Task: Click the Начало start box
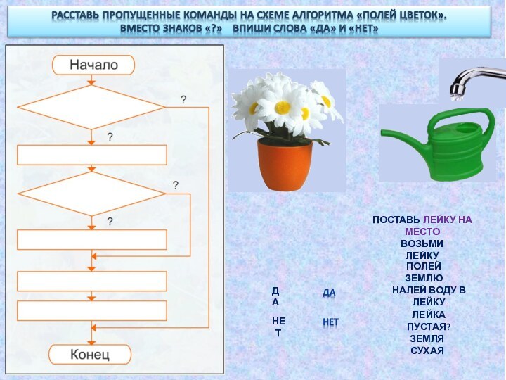tap(93, 65)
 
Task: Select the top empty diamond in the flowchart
tap(91, 107)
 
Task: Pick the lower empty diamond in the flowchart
tap(91, 194)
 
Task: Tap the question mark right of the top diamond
tap(183, 101)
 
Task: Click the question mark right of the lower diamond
tap(176, 185)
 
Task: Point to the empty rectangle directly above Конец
tap(92, 310)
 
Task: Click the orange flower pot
tap(285, 163)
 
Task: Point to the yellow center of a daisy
tap(283, 107)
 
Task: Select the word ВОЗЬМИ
tap(422, 243)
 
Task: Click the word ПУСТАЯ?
tap(429, 327)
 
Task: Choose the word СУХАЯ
tap(427, 350)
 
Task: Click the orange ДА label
tap(329, 293)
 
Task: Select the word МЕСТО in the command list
tap(422, 232)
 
